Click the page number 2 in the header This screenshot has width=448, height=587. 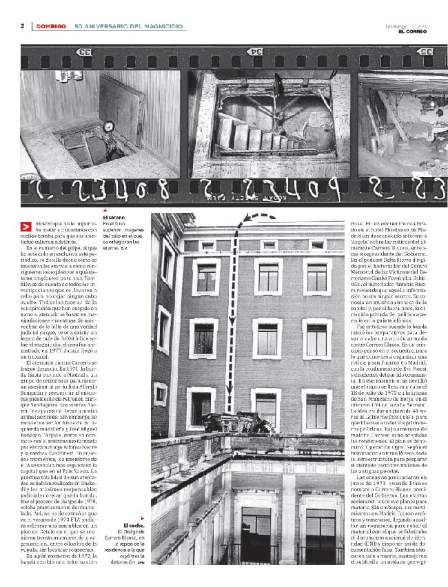coord(23,26)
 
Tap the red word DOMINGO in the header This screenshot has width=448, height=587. coord(51,26)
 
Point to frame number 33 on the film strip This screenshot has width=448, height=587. coord(85,52)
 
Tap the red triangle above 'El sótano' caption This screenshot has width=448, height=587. coord(105,210)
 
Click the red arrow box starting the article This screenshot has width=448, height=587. coord(26,227)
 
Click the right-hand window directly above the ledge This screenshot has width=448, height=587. coord(318,406)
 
